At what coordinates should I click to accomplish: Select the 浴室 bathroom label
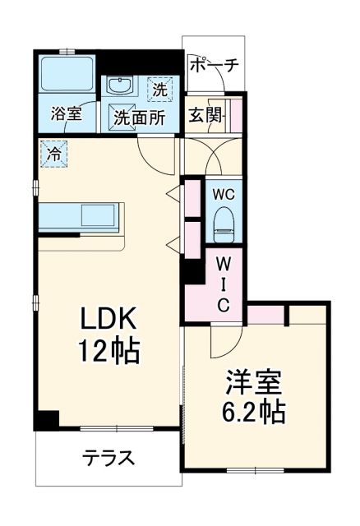point(66,113)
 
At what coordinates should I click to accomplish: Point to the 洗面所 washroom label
point(139,117)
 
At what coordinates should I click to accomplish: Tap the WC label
point(224,195)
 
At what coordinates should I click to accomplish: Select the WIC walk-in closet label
point(224,284)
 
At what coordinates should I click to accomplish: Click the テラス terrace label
point(108,459)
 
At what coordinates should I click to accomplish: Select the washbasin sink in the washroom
point(122,86)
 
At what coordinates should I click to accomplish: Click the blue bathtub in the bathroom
point(67,76)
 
